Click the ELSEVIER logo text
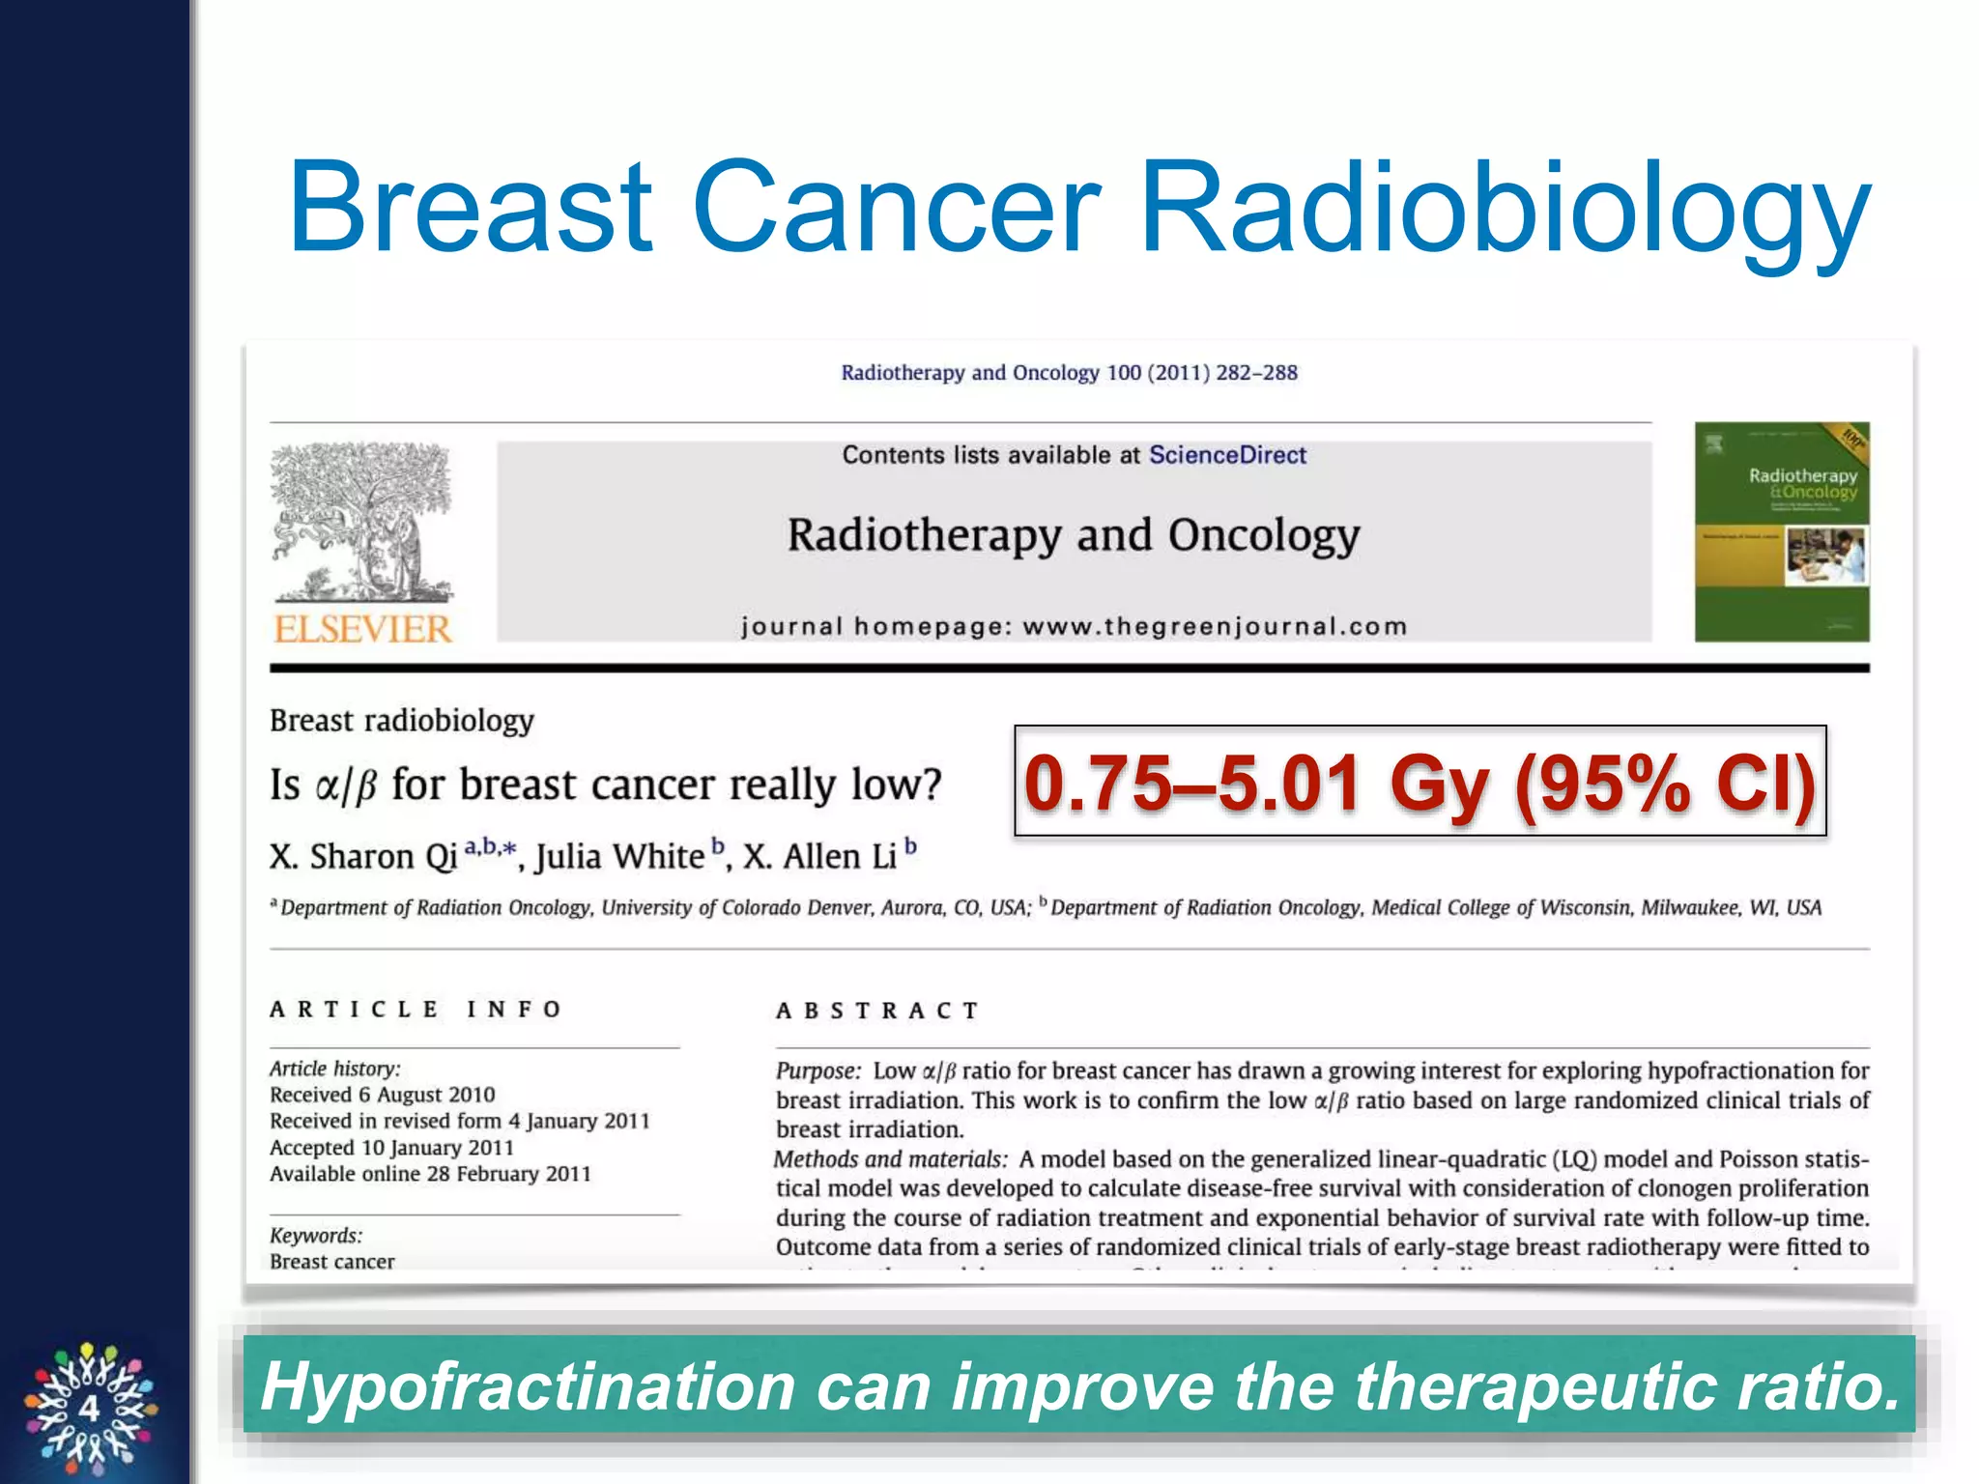[x=362, y=629]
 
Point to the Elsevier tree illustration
[x=360, y=522]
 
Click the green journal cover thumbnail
[x=1781, y=532]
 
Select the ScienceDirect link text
[x=1226, y=455]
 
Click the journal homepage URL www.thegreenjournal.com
[x=1215, y=626]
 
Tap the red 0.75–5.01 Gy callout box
[x=1419, y=781]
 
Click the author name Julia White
[x=620, y=857]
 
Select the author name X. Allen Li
[x=820, y=857]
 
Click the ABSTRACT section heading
[x=877, y=1011]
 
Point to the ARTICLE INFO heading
[x=416, y=1010]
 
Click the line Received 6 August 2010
[x=382, y=1095]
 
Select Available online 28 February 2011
[x=430, y=1174]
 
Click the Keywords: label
[x=316, y=1236]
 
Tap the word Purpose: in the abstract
[x=817, y=1070]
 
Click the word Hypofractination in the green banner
[x=528, y=1386]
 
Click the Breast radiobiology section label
[x=401, y=721]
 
